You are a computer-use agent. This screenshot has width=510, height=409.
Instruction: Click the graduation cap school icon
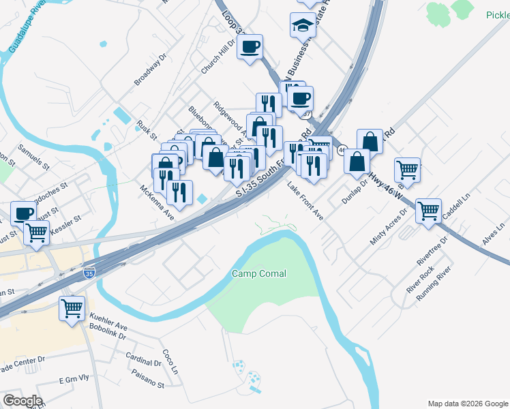pyautogui.click(x=303, y=25)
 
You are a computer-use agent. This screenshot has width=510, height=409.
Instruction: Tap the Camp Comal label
pyautogui.click(x=259, y=273)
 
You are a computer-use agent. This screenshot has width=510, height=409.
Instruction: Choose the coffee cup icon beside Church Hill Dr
pyautogui.click(x=250, y=46)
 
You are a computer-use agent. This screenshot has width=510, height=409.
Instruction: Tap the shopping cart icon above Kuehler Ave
pyautogui.click(x=72, y=307)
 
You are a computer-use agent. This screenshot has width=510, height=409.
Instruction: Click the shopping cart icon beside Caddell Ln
pyautogui.click(x=429, y=211)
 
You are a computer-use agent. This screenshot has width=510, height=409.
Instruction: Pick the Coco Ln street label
pyautogui.click(x=170, y=362)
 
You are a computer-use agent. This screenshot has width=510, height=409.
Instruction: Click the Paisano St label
pyautogui.click(x=148, y=384)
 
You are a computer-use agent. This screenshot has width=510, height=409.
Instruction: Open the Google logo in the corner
pyautogui.click(x=22, y=401)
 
